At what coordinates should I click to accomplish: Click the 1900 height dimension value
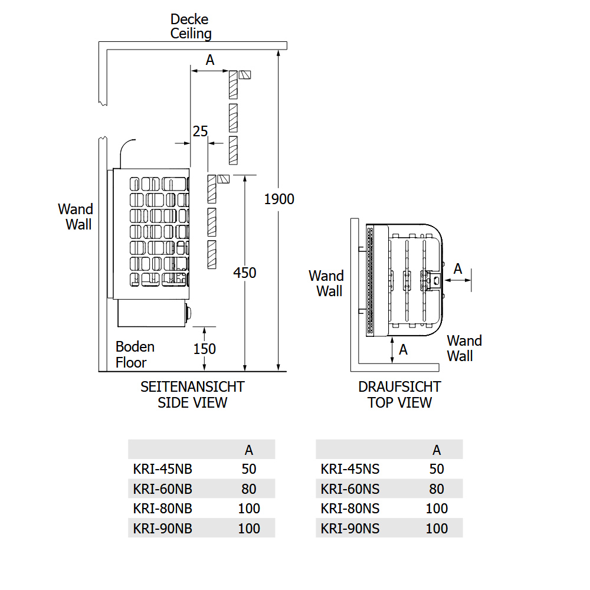click(x=278, y=199)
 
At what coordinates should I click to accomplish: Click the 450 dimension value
click(x=245, y=273)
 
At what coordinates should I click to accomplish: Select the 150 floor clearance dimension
click(x=205, y=349)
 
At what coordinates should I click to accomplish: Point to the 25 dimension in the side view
click(x=201, y=130)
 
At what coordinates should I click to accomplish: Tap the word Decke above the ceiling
click(x=189, y=19)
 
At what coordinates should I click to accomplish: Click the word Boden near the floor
click(x=135, y=346)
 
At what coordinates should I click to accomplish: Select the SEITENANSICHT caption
click(x=192, y=387)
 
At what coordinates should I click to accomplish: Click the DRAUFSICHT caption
click(x=399, y=387)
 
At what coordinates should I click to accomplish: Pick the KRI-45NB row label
click(x=163, y=469)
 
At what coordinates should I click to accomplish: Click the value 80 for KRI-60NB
click(x=249, y=489)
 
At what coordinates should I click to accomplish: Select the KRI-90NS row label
click(x=350, y=528)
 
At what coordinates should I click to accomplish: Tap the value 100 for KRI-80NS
click(x=437, y=508)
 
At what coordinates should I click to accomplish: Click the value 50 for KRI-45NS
click(x=437, y=469)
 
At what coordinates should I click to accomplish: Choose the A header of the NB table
click(x=249, y=450)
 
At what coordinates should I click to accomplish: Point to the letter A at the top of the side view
click(x=209, y=60)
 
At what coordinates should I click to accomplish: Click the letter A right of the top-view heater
click(x=458, y=269)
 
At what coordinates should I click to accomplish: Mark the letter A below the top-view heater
click(x=404, y=349)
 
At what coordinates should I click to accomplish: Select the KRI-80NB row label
click(x=163, y=508)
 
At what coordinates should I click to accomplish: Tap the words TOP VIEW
click(x=399, y=402)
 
